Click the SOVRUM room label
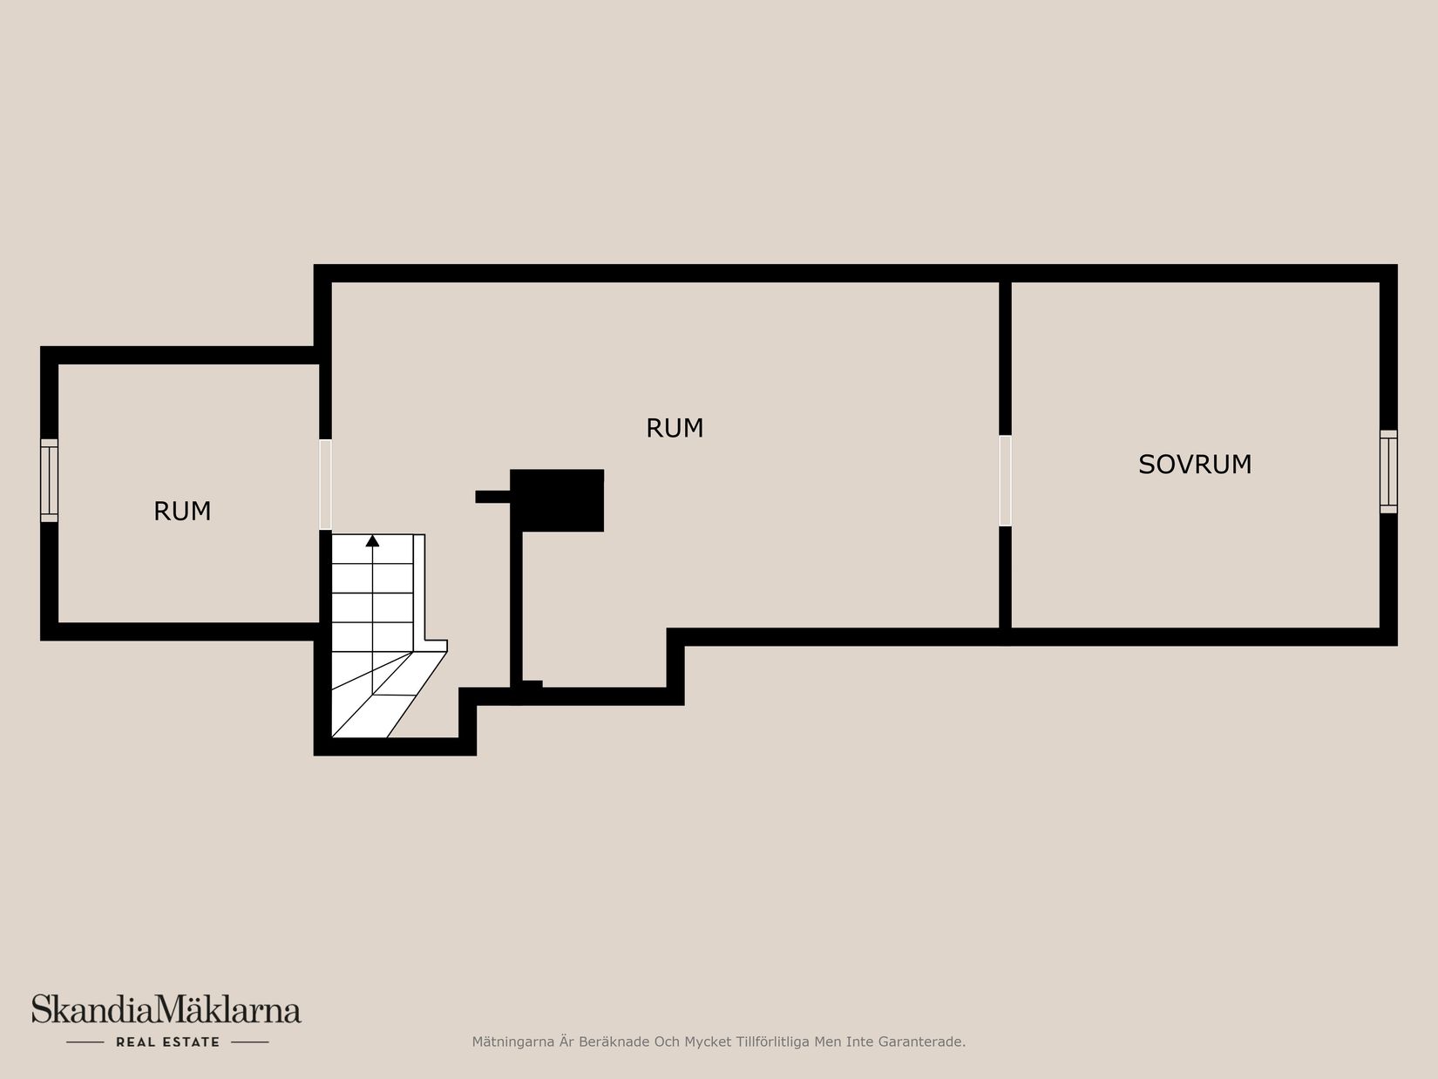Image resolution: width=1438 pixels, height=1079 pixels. click(1195, 465)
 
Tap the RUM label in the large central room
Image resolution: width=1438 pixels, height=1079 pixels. click(675, 428)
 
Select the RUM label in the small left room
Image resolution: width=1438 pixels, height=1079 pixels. click(182, 511)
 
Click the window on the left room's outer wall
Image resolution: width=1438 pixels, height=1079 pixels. click(50, 480)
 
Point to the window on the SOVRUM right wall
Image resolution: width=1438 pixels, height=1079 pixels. click(1388, 471)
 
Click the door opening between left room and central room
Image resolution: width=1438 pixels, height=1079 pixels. click(325, 484)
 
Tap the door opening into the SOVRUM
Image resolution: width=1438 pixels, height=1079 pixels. click(1005, 480)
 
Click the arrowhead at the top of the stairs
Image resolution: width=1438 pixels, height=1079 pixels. click(373, 541)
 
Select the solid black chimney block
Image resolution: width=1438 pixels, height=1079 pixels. click(558, 500)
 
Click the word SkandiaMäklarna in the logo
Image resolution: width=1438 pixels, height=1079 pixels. click(166, 1010)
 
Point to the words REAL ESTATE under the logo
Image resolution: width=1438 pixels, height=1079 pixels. click(167, 1042)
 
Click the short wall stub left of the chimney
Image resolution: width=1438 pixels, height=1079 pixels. click(492, 497)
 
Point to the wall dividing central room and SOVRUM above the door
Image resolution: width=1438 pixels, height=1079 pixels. click(1005, 357)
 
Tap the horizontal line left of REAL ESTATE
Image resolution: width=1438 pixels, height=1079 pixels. click(85, 1042)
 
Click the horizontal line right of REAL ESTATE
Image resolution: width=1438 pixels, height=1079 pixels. click(249, 1042)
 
